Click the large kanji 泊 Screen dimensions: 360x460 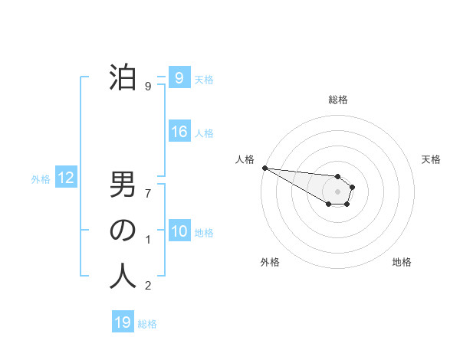pos(123,77)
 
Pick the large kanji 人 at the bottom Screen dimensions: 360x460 pos(123,276)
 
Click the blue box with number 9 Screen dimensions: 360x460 pos(179,77)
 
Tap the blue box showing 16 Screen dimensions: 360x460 pos(179,132)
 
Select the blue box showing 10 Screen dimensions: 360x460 pos(179,231)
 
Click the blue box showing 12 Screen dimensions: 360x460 pos(65,178)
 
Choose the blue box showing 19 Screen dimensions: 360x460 pos(123,322)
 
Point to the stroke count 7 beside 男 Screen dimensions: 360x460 pos(148,192)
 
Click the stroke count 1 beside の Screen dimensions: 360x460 pos(148,240)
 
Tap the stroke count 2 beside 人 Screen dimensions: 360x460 pos(148,286)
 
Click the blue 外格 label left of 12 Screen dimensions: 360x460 pos(41,179)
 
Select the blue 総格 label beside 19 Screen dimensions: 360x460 pos(147,324)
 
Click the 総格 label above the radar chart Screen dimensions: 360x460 pos(337,100)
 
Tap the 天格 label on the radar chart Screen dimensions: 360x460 pos(432,159)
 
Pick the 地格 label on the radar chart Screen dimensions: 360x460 pos(402,262)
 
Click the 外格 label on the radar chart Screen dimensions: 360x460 pos(270,262)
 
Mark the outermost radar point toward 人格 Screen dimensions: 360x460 pos(264,168)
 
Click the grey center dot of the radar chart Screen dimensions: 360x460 pos(337,191)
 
